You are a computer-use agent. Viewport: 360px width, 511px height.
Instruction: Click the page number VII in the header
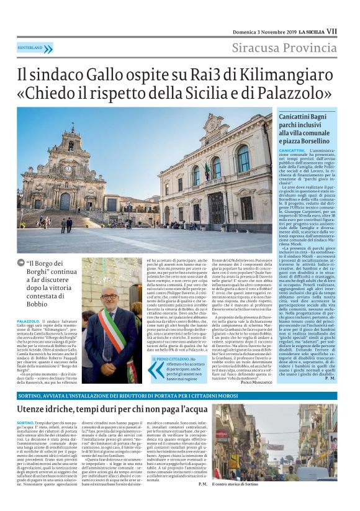coord(332,30)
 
